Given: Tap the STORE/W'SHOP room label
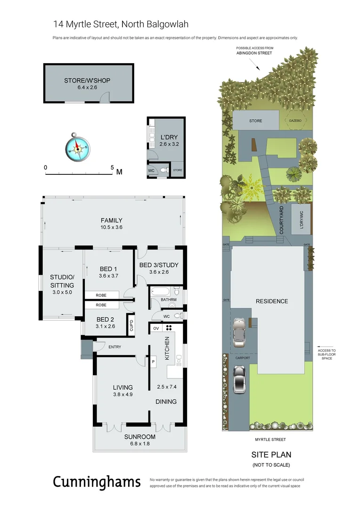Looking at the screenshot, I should pyautogui.click(x=87, y=81).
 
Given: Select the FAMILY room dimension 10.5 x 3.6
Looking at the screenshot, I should pyautogui.click(x=111, y=227).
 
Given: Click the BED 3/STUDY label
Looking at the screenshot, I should pyautogui.click(x=159, y=265).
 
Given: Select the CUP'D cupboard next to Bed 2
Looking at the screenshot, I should pyautogui.click(x=131, y=326).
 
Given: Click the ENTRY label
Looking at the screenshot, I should pyautogui.click(x=115, y=347).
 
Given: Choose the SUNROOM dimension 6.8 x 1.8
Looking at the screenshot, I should pyautogui.click(x=139, y=443).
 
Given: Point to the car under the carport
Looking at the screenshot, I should pyautogui.click(x=240, y=330).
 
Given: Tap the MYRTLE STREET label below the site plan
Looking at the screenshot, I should pyautogui.click(x=271, y=439).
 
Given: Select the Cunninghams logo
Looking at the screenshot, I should pyautogui.click(x=96, y=482).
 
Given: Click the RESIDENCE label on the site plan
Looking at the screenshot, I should pyautogui.click(x=271, y=301).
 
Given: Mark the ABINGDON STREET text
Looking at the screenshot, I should pyautogui.click(x=254, y=53).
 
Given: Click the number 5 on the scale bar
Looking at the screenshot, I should pyautogui.click(x=112, y=167).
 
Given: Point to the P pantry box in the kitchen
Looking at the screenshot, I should pyautogui.click(x=153, y=361).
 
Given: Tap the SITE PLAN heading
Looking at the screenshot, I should pyautogui.click(x=271, y=455).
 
